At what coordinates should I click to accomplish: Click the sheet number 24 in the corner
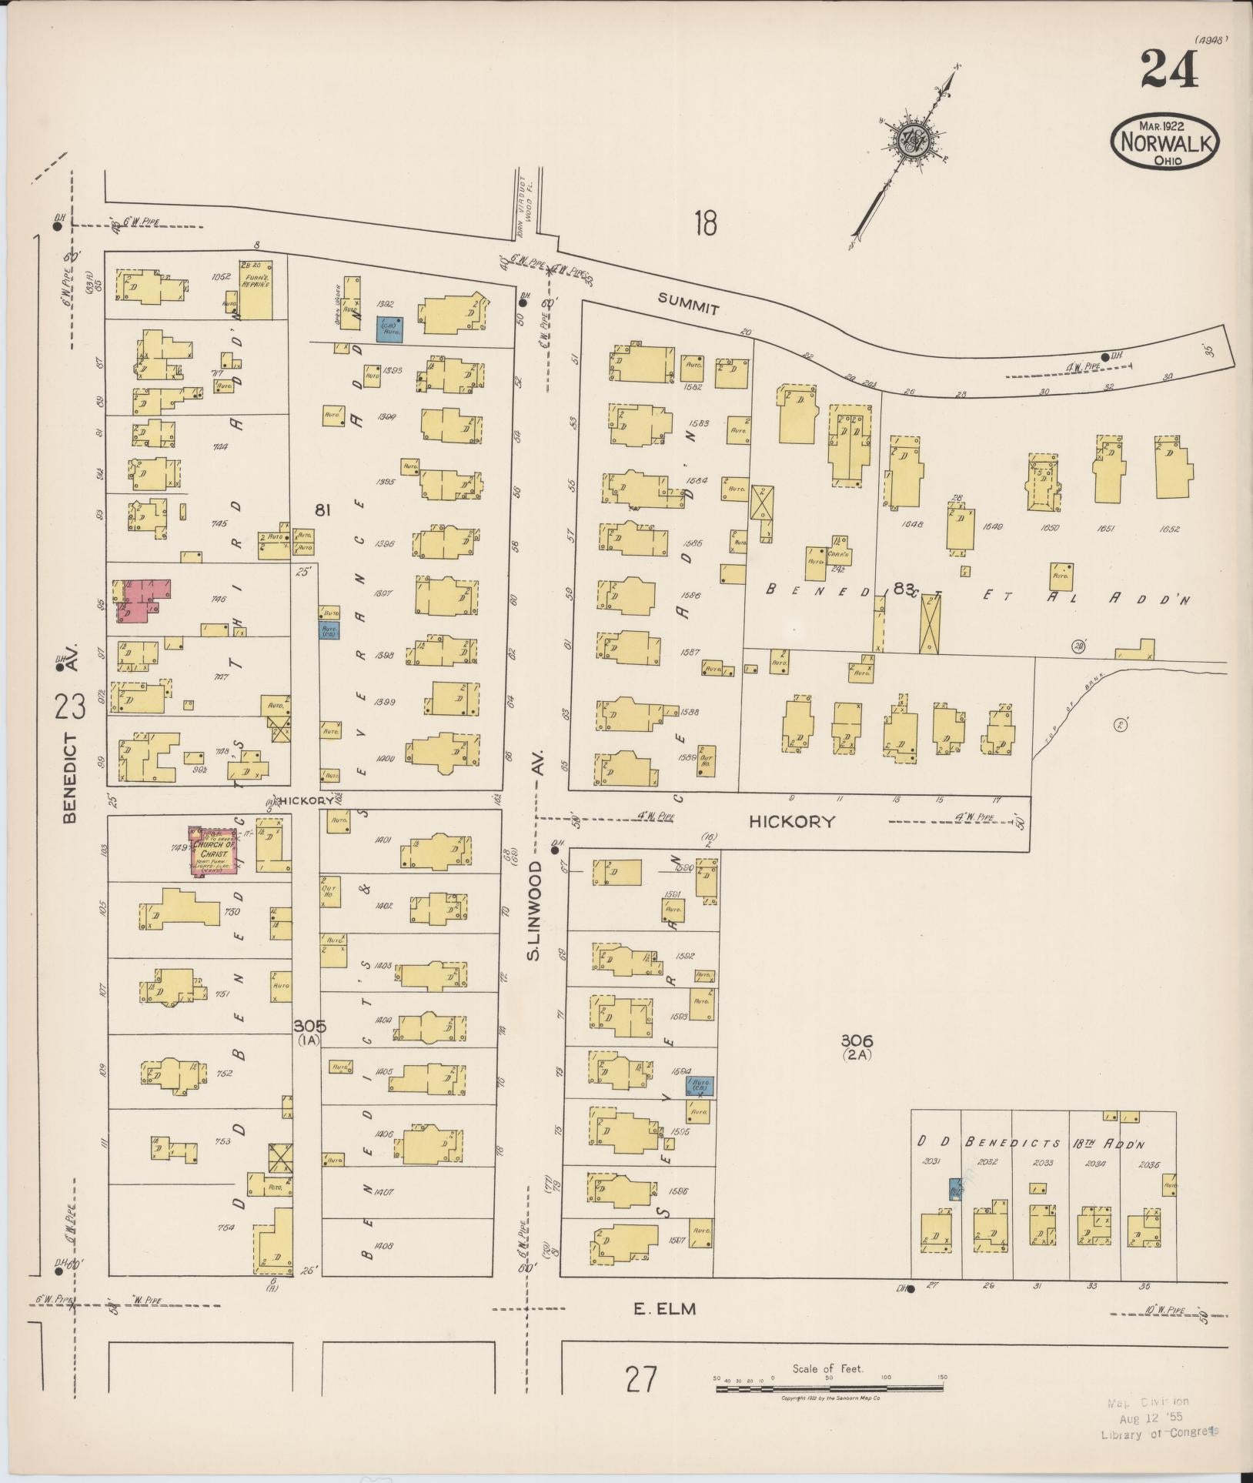click(x=1171, y=70)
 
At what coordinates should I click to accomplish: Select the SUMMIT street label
click(x=689, y=305)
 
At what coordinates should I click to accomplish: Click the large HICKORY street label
click(x=792, y=821)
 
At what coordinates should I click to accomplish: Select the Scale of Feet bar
click(x=829, y=1388)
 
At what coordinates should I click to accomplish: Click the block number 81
click(x=322, y=509)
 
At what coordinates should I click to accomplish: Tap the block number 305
click(x=309, y=1026)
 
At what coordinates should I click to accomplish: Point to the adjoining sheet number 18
click(x=705, y=224)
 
